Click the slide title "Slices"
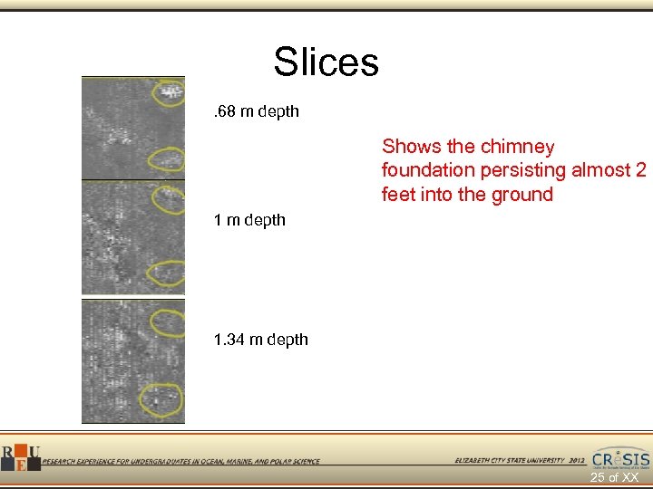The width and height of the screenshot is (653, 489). (326, 62)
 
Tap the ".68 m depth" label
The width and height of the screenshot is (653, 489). (255, 112)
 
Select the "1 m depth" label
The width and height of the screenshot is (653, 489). (249, 220)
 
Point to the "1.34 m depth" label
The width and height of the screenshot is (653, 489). (260, 340)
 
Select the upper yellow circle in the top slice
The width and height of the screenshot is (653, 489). (169, 91)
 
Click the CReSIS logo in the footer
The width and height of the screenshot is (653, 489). (620, 457)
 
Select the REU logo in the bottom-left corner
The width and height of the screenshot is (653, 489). (19, 456)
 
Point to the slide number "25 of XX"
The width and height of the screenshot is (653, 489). (614, 477)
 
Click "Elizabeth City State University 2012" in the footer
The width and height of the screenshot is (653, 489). (520, 461)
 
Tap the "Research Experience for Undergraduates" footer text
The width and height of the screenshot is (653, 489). (180, 461)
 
